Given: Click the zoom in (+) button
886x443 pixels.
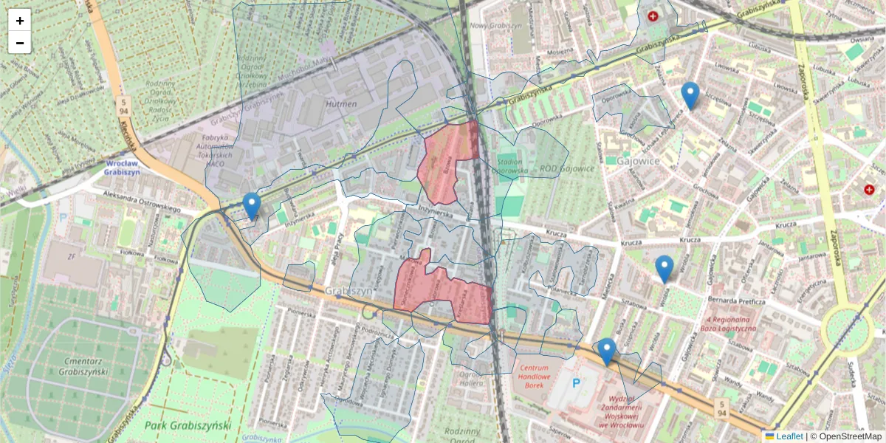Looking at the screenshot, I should [x=20, y=21].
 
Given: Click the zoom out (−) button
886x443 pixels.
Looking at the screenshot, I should [x=20, y=43].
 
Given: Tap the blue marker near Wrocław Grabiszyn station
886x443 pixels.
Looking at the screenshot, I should [x=252, y=206].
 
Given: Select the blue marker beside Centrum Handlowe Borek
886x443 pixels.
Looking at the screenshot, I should [x=607, y=351].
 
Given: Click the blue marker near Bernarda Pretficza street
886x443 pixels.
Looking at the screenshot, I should [x=664, y=269].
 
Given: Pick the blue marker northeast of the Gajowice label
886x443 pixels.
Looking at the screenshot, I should [x=690, y=95].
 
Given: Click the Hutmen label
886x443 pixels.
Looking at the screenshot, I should [x=341, y=104].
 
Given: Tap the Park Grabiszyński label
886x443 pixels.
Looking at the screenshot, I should [x=188, y=425].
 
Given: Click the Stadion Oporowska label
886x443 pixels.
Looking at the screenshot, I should [x=509, y=167].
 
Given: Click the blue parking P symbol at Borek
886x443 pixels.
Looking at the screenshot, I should [x=577, y=383].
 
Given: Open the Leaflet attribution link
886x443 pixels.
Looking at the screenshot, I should [x=789, y=436].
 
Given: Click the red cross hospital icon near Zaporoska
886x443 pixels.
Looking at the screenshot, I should [x=870, y=190].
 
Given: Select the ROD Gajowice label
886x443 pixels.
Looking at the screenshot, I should [x=567, y=168].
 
